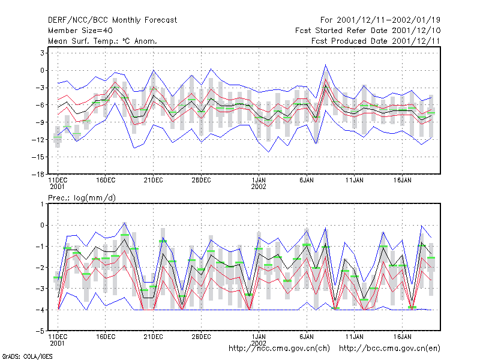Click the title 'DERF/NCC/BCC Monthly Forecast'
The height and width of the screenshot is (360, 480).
pyautogui.click(x=112, y=20)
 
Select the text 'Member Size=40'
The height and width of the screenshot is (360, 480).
pyautogui.click(x=80, y=31)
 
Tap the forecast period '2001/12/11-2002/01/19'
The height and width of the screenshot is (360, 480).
pyautogui.click(x=388, y=20)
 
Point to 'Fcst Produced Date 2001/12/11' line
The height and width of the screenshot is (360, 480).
pyautogui.click(x=376, y=41)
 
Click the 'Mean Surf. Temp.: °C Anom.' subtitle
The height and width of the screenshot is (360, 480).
pyautogui.click(x=102, y=41)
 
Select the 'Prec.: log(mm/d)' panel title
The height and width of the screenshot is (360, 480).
pyautogui.click(x=82, y=198)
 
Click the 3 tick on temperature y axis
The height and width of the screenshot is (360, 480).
pyautogui.click(x=42, y=53)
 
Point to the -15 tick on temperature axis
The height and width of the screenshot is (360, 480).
pyautogui.click(x=38, y=157)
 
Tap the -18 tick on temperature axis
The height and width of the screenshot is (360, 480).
pyautogui.click(x=38, y=175)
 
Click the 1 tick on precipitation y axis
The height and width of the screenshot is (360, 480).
pyautogui.click(x=42, y=204)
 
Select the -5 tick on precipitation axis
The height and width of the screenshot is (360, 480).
pyautogui.click(x=40, y=331)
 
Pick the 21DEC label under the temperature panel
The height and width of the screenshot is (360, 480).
pyautogui.click(x=153, y=181)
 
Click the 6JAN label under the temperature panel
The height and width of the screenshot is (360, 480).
pyautogui.click(x=307, y=181)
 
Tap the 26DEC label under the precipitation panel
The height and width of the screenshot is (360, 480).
pyautogui.click(x=201, y=337)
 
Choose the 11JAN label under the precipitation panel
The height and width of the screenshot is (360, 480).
pyautogui.click(x=354, y=337)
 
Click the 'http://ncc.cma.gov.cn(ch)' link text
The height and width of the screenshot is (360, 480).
pyautogui.click(x=279, y=349)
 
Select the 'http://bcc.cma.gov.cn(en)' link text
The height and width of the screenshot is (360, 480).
pyautogui.click(x=389, y=349)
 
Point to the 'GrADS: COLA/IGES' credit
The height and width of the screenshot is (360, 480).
pyautogui.click(x=27, y=356)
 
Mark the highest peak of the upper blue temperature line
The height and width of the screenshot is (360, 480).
pyautogui.click(x=325, y=65)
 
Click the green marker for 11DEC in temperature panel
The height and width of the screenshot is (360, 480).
pyautogui.click(x=58, y=137)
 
